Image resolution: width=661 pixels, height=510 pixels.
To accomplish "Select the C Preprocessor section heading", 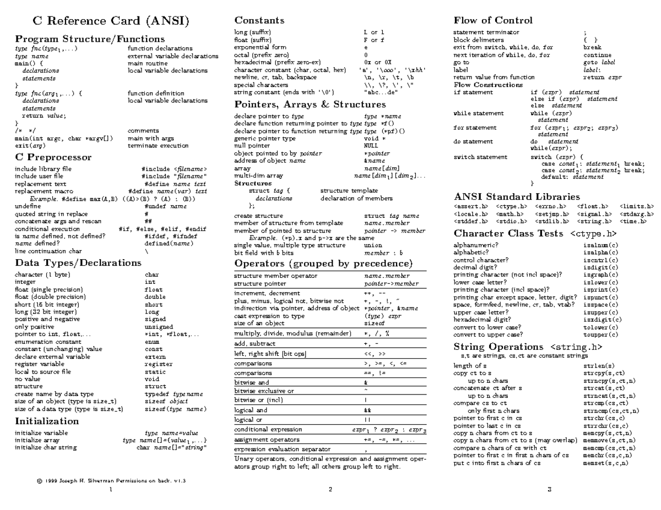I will coord(53,157).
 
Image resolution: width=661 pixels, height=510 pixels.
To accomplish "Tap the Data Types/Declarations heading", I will coord(70,262).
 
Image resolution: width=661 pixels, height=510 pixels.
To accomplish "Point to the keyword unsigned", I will coord(158,326).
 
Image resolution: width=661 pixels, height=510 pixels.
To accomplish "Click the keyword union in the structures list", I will coord(373,245).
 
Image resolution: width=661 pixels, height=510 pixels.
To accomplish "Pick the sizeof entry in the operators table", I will coord(374,323).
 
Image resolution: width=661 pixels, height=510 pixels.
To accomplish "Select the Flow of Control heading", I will coord(493,20).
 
